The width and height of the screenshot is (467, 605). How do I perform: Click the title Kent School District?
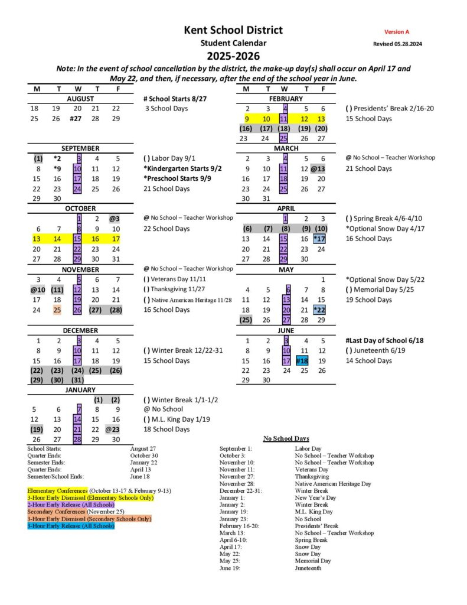[233, 30]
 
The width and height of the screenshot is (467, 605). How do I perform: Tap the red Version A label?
[396, 32]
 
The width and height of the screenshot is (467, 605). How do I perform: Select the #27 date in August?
[76, 119]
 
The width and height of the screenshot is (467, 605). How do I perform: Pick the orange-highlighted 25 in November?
[57, 310]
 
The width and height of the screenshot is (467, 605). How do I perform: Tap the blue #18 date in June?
[302, 360]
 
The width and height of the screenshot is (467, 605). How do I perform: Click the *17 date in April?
[319, 239]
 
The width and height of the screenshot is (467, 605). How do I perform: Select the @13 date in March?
[319, 168]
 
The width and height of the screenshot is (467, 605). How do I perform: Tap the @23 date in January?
[113, 430]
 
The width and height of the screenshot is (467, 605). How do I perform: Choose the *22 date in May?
[319, 310]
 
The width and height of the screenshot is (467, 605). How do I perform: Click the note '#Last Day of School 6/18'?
[384, 340]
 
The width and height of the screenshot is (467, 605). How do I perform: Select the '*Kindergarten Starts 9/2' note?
[183, 168]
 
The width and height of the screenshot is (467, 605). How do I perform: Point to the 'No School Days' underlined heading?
[286, 438]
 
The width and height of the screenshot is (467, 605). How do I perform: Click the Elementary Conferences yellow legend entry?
[57, 490]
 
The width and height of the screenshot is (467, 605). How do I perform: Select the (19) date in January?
[37, 430]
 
